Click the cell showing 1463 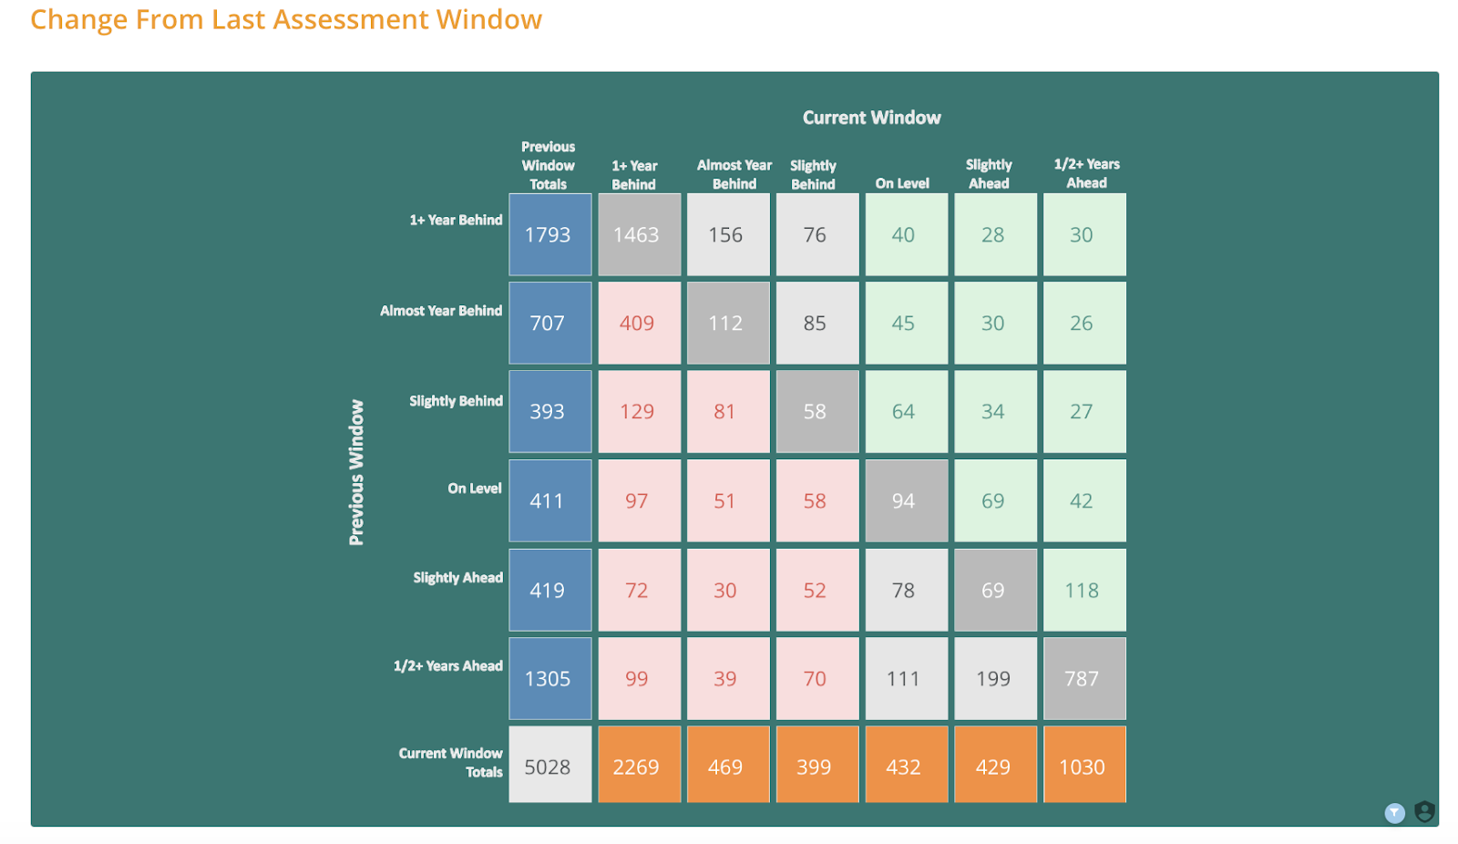(x=639, y=234)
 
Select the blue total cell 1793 (x=550, y=234)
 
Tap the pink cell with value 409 (x=639, y=323)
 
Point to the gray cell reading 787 (x=1084, y=679)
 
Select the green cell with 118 (x=1084, y=590)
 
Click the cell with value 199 (x=995, y=679)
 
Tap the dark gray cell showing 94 (x=906, y=500)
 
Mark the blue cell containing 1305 (x=550, y=679)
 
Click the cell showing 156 (x=728, y=234)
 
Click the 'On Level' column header (x=901, y=183)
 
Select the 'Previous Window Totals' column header (x=548, y=165)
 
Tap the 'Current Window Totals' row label (x=450, y=763)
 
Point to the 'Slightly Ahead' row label (x=457, y=578)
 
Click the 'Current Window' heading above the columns (x=871, y=118)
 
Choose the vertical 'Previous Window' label (x=356, y=472)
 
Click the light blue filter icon (x=1394, y=813)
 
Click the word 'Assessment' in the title (x=351, y=19)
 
